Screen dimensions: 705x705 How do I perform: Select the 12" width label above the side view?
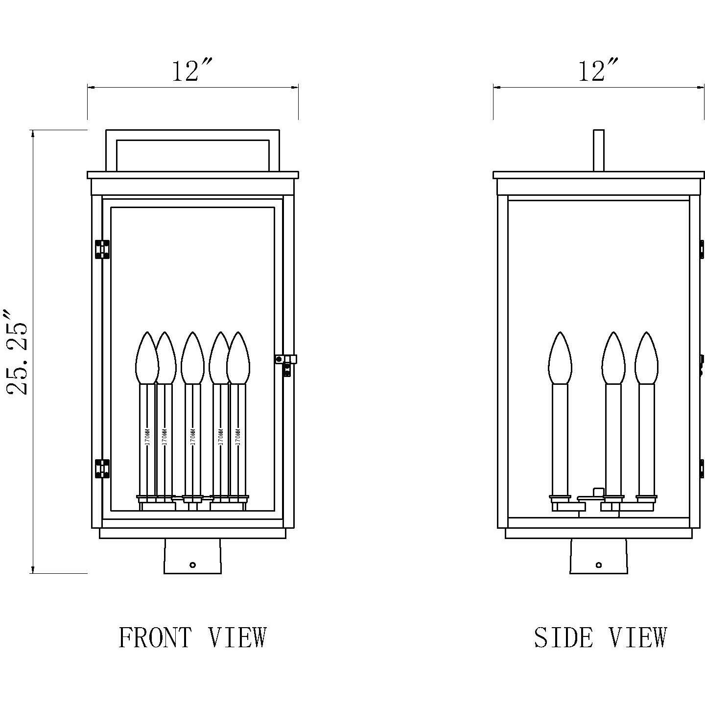[598, 71]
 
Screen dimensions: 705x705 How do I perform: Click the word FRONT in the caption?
[155, 637]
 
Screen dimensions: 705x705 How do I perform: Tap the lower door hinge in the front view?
[102, 469]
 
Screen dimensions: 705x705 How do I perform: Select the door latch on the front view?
[287, 362]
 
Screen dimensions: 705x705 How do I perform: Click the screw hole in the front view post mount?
[192, 564]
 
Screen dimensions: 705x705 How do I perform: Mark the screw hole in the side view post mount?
[599, 564]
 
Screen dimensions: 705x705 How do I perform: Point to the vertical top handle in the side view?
[598, 150]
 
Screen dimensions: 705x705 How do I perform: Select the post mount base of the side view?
[599, 556]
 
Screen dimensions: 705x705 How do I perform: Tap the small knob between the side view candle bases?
[597, 491]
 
